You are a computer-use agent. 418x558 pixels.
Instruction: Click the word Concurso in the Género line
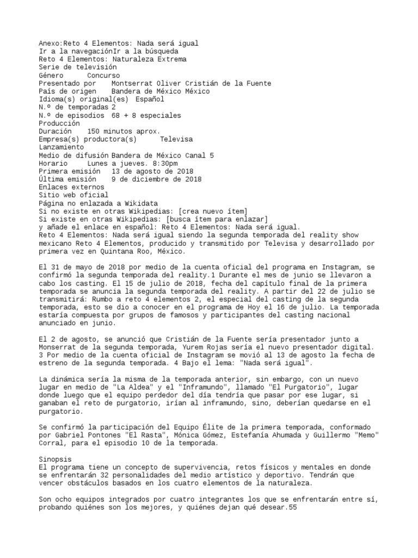tap(103, 75)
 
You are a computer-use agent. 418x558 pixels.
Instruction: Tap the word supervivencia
tap(198, 468)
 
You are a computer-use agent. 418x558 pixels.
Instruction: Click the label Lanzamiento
tap(61, 147)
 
